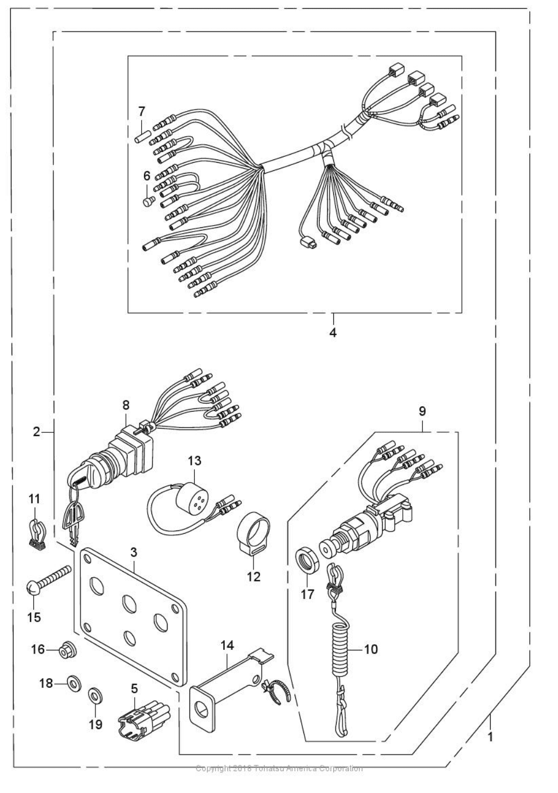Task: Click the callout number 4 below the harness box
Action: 333,333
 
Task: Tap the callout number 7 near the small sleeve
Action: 142,112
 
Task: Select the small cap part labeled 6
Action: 147,201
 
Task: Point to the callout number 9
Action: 422,412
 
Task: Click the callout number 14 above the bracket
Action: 227,645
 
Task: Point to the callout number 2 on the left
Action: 36,432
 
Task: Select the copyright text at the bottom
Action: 279,768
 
